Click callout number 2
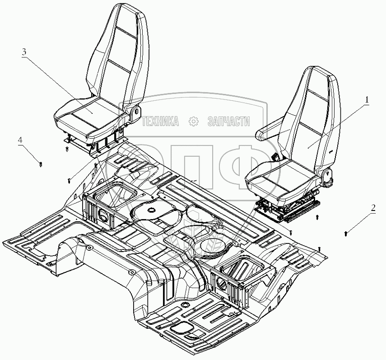click(373, 208)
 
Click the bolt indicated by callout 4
click(41, 164)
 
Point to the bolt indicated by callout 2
click(346, 233)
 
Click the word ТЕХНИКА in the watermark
click(160, 121)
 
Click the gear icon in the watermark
click(193, 121)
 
